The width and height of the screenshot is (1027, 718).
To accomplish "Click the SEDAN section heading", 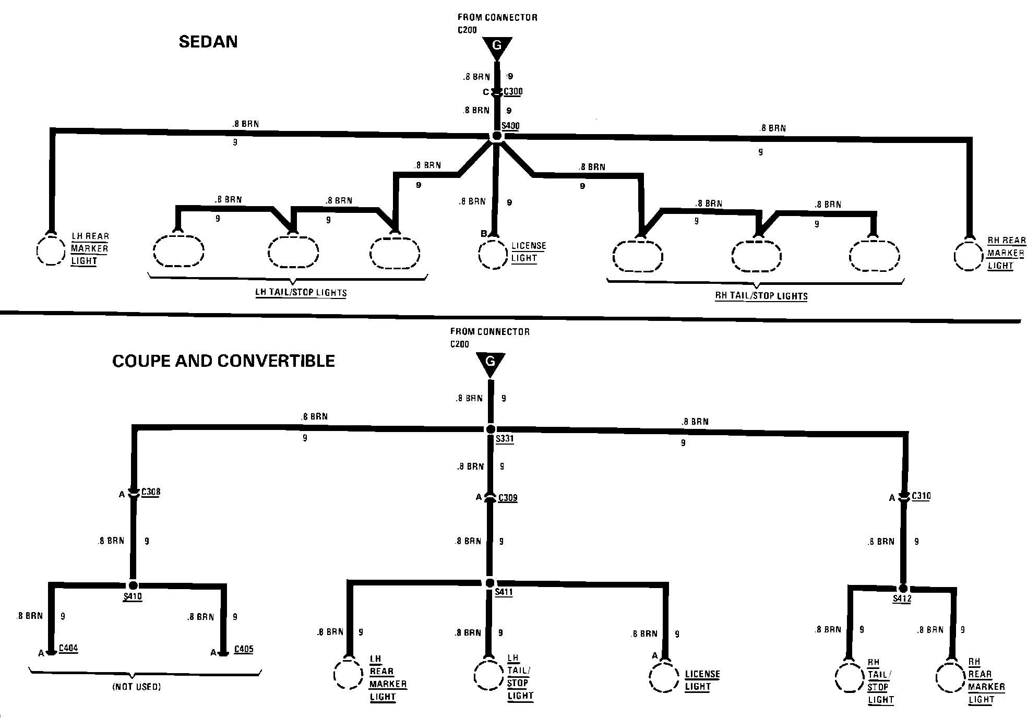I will coord(208,42).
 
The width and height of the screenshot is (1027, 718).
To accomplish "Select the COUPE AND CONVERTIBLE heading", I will coord(223,361).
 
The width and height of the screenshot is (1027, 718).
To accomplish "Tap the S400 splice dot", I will coord(497,136).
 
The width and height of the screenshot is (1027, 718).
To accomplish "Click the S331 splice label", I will coord(505,439).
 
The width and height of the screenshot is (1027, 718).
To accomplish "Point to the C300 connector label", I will coord(513,92).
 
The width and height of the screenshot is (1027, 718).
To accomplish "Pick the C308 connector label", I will coord(151,492).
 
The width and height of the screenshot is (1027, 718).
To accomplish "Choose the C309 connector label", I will coord(508,497).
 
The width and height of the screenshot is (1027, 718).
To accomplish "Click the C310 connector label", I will coord(921,496).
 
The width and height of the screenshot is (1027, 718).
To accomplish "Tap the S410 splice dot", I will coord(133,585).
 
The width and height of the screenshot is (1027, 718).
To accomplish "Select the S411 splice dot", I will coord(489,583).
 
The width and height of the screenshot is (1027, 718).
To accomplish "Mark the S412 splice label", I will coord(902,599).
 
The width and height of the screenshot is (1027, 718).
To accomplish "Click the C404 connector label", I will coord(68,648).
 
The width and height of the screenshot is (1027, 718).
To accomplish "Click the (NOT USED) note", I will coord(137,687).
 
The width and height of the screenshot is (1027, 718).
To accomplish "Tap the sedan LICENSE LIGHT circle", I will coord(493,255).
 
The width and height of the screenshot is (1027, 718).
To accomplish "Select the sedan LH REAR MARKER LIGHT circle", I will coord(51,250).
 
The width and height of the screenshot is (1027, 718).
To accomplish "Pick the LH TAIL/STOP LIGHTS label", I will coord(301,292).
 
